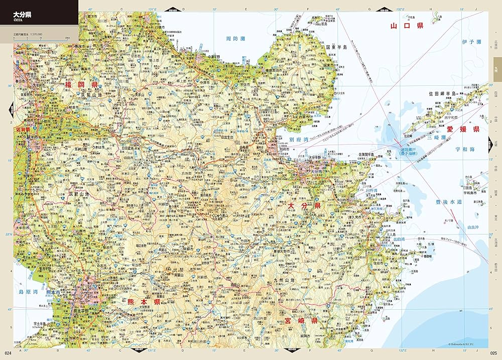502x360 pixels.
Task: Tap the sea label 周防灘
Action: click(x=234, y=38)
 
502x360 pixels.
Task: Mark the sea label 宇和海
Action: click(x=464, y=149)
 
